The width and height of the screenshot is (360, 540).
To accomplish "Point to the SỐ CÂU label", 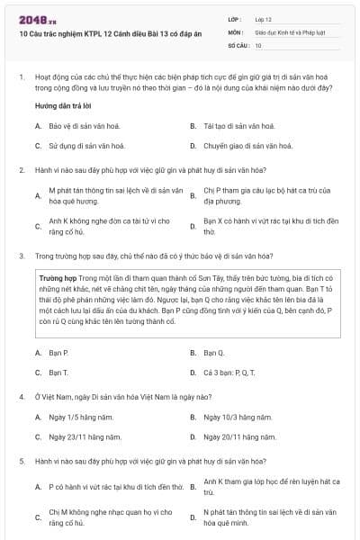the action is pos(237,44).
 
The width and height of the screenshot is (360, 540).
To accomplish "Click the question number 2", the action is pos(21,169).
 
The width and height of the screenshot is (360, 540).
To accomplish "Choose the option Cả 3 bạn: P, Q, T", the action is pos(230,372).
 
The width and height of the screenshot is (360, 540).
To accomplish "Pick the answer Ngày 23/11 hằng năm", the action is pos(85,436).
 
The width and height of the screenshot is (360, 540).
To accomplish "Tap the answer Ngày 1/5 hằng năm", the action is pos(81,417).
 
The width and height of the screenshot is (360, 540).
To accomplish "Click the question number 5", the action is pos(21,461).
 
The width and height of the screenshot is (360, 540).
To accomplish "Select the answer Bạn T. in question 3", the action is pos(58,372).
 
